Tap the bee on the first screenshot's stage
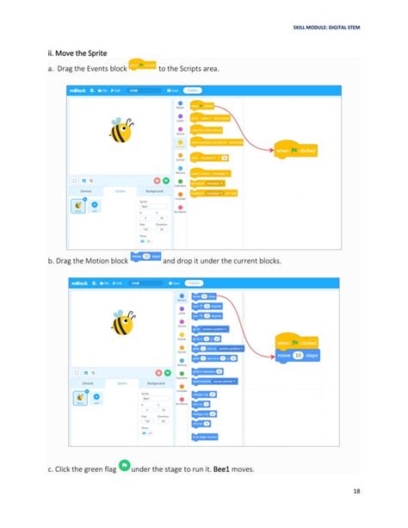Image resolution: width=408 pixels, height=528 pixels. tap(121, 131)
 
